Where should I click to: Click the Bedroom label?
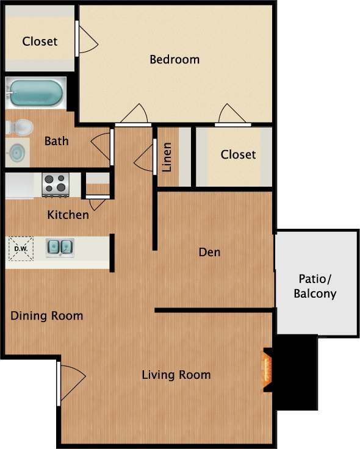click(175, 60)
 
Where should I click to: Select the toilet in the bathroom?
click(20, 128)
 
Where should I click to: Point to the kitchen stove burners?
click(56, 184)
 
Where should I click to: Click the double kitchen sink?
click(60, 248)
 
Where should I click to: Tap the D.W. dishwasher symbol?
click(21, 249)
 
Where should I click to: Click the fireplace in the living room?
click(267, 370)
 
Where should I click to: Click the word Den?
click(209, 252)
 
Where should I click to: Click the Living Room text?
click(176, 375)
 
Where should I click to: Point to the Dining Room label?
click(47, 316)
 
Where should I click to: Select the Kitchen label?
click(68, 215)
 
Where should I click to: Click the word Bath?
click(56, 141)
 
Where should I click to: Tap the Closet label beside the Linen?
click(238, 154)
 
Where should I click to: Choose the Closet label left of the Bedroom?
click(40, 41)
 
